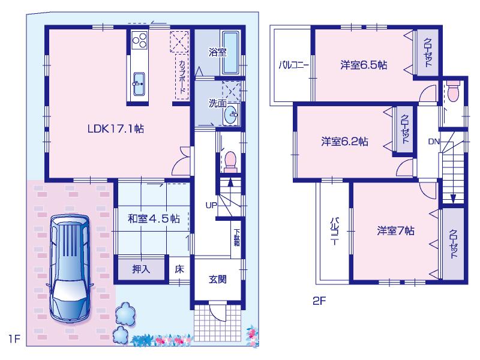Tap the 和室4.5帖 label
coord(154,218)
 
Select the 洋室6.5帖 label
coord(363,65)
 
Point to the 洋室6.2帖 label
coord(344,142)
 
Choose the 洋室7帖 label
coord(397,230)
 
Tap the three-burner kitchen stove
coord(140,41)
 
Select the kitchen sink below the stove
coord(139,81)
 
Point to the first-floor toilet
coord(230,161)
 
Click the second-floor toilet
coord(452,92)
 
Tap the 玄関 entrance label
coord(218,279)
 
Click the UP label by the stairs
coord(211,206)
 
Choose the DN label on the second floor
coord(434,142)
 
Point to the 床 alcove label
coord(179,269)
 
